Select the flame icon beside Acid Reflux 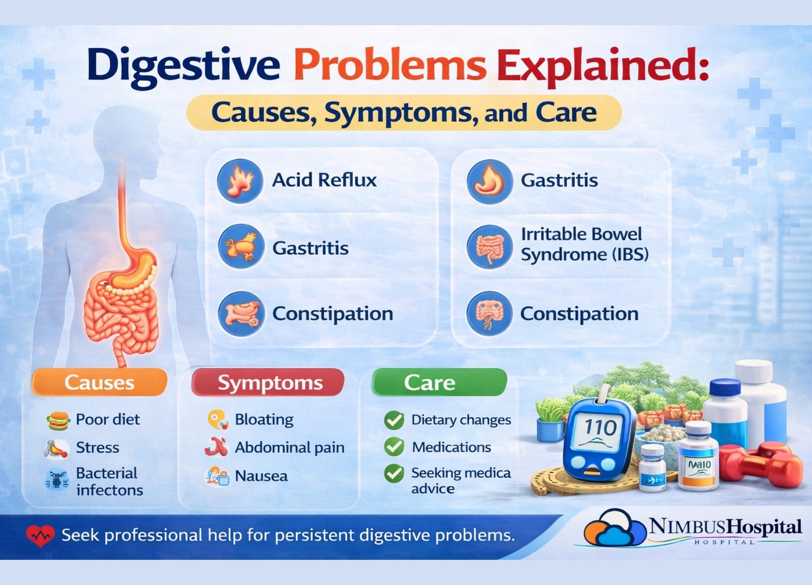240,181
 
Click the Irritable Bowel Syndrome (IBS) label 584,244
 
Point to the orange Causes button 99,382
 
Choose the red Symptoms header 268,382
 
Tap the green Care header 439,382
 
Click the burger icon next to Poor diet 58,420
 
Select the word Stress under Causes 97,447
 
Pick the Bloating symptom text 264,419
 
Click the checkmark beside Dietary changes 394,420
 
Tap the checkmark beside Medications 394,447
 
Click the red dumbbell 761,465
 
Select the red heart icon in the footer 40,535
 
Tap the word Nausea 261,476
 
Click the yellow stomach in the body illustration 134,269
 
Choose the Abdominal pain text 290,447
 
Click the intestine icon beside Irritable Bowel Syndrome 489,247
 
